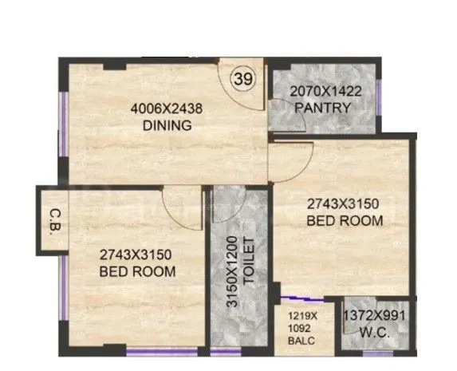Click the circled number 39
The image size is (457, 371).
point(242,79)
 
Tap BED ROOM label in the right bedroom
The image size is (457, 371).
point(345,219)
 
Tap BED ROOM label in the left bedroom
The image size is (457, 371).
point(138,271)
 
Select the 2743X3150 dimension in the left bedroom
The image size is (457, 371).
point(136,255)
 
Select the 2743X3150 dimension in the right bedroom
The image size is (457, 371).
point(345,204)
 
